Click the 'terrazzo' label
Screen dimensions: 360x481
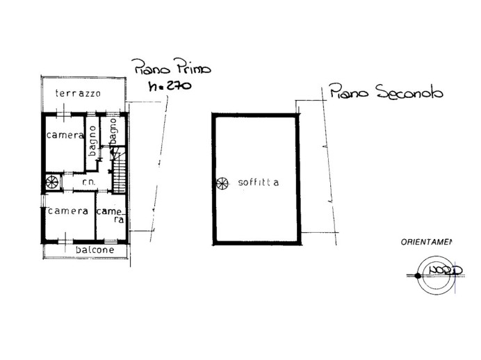click(79, 93)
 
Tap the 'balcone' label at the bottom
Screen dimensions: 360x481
click(95, 249)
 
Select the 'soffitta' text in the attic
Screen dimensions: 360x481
click(258, 183)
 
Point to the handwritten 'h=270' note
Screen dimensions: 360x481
click(170, 86)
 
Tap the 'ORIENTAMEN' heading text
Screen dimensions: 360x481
click(425, 243)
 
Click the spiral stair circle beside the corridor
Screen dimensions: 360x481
click(52, 182)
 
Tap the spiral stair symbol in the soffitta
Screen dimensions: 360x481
click(222, 183)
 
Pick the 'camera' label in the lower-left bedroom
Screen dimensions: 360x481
click(68, 211)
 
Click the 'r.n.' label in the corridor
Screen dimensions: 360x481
click(88, 183)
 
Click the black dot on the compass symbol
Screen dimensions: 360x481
click(418, 276)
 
